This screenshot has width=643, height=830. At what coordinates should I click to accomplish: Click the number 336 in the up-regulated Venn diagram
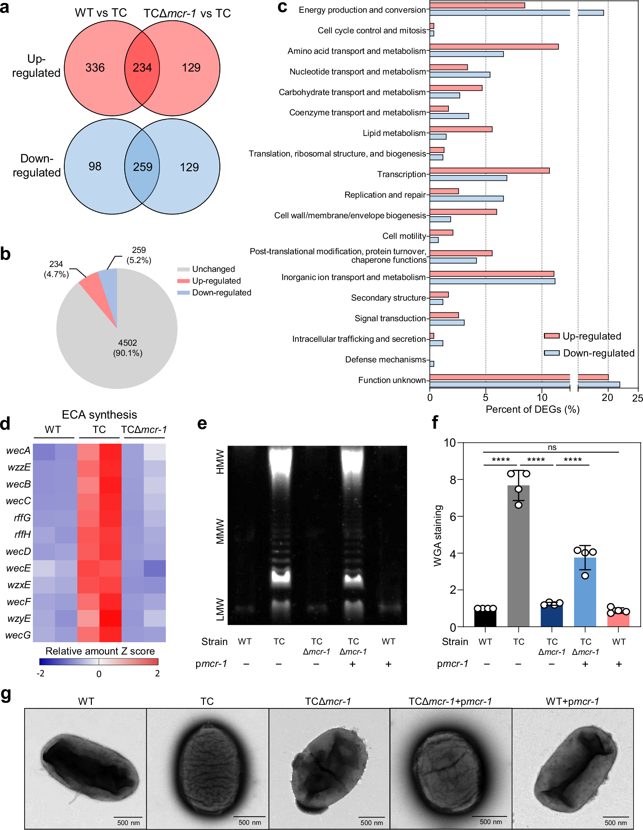95,68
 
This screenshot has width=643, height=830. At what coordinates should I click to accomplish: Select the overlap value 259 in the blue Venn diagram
142,167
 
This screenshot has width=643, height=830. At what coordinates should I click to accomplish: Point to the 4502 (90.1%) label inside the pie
127,348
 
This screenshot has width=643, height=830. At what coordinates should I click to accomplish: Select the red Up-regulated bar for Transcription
489,171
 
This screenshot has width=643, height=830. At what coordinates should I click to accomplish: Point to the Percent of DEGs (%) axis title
533,409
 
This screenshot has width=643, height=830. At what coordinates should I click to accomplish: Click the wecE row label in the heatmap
18,568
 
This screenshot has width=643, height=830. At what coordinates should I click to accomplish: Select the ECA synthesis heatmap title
99,415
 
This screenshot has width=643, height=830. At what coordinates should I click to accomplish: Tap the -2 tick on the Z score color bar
40,673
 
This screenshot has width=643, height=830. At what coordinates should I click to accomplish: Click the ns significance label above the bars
552,447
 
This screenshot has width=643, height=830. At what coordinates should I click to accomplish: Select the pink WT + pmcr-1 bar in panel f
618,620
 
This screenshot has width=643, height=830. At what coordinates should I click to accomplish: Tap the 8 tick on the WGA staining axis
452,480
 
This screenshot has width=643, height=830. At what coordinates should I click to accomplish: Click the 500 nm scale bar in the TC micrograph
249,816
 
